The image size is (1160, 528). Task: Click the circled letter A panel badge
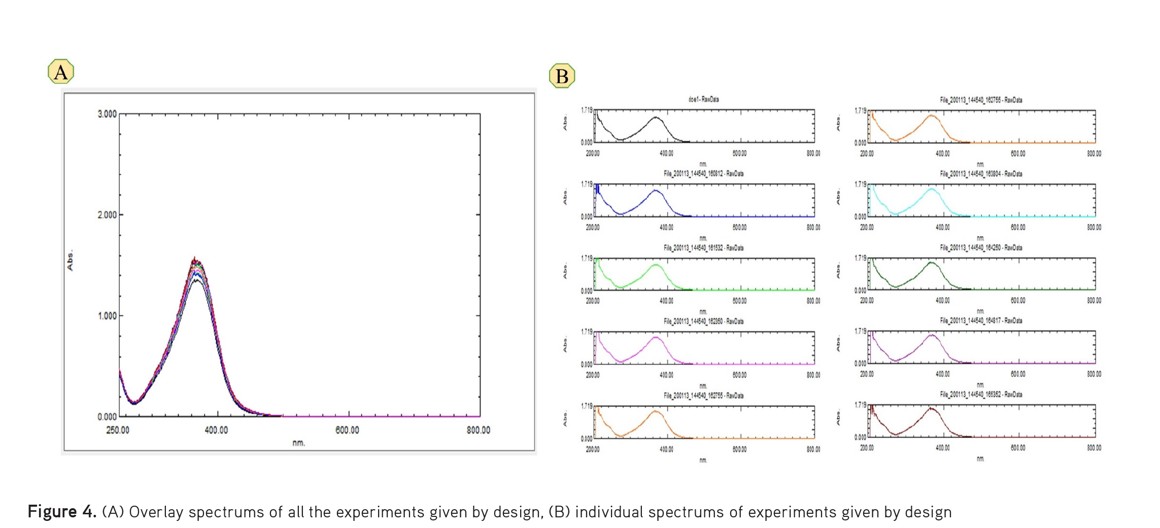pyautogui.click(x=61, y=72)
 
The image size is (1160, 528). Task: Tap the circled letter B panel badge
pyautogui.click(x=562, y=76)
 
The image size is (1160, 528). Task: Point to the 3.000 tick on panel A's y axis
pyautogui.click(x=107, y=114)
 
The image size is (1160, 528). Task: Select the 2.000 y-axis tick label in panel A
pyautogui.click(x=107, y=215)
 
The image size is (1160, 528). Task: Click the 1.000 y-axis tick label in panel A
pyautogui.click(x=107, y=316)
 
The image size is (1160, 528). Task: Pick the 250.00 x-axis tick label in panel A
pyautogui.click(x=117, y=430)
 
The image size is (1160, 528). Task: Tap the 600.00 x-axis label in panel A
pyautogui.click(x=347, y=430)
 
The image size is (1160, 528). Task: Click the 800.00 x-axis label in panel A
pyautogui.click(x=479, y=430)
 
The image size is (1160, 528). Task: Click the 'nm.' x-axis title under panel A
pyautogui.click(x=299, y=443)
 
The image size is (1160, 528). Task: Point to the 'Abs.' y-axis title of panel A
pyautogui.click(x=70, y=260)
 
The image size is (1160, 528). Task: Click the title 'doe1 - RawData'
pyautogui.click(x=703, y=99)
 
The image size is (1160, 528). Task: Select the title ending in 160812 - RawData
pyautogui.click(x=703, y=173)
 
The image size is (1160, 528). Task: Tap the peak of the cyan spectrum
pyautogui.click(x=932, y=189)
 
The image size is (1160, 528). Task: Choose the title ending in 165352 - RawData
pyautogui.click(x=981, y=394)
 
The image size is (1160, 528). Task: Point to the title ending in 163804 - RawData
pyautogui.click(x=981, y=173)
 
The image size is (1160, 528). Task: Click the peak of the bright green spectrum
pyautogui.click(x=656, y=265)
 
